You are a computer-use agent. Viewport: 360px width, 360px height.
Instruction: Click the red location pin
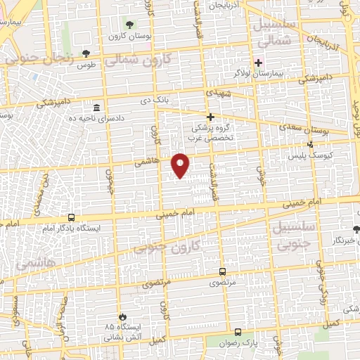[x=181, y=165]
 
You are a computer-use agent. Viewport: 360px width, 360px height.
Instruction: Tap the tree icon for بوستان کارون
[x=127, y=24]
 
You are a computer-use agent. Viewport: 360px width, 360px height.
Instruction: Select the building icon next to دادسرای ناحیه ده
[x=96, y=108]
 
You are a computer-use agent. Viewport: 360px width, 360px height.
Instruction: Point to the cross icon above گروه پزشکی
[x=210, y=117]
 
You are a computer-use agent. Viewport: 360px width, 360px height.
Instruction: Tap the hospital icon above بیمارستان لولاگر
[x=259, y=62]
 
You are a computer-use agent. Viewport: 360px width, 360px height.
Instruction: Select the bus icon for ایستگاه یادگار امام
[x=71, y=218]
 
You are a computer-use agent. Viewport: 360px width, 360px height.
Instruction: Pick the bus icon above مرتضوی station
[x=222, y=271]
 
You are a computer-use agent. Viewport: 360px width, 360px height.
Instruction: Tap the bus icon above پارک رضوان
[x=239, y=332]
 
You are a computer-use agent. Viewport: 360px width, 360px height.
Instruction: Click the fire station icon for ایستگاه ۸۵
[x=124, y=316]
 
